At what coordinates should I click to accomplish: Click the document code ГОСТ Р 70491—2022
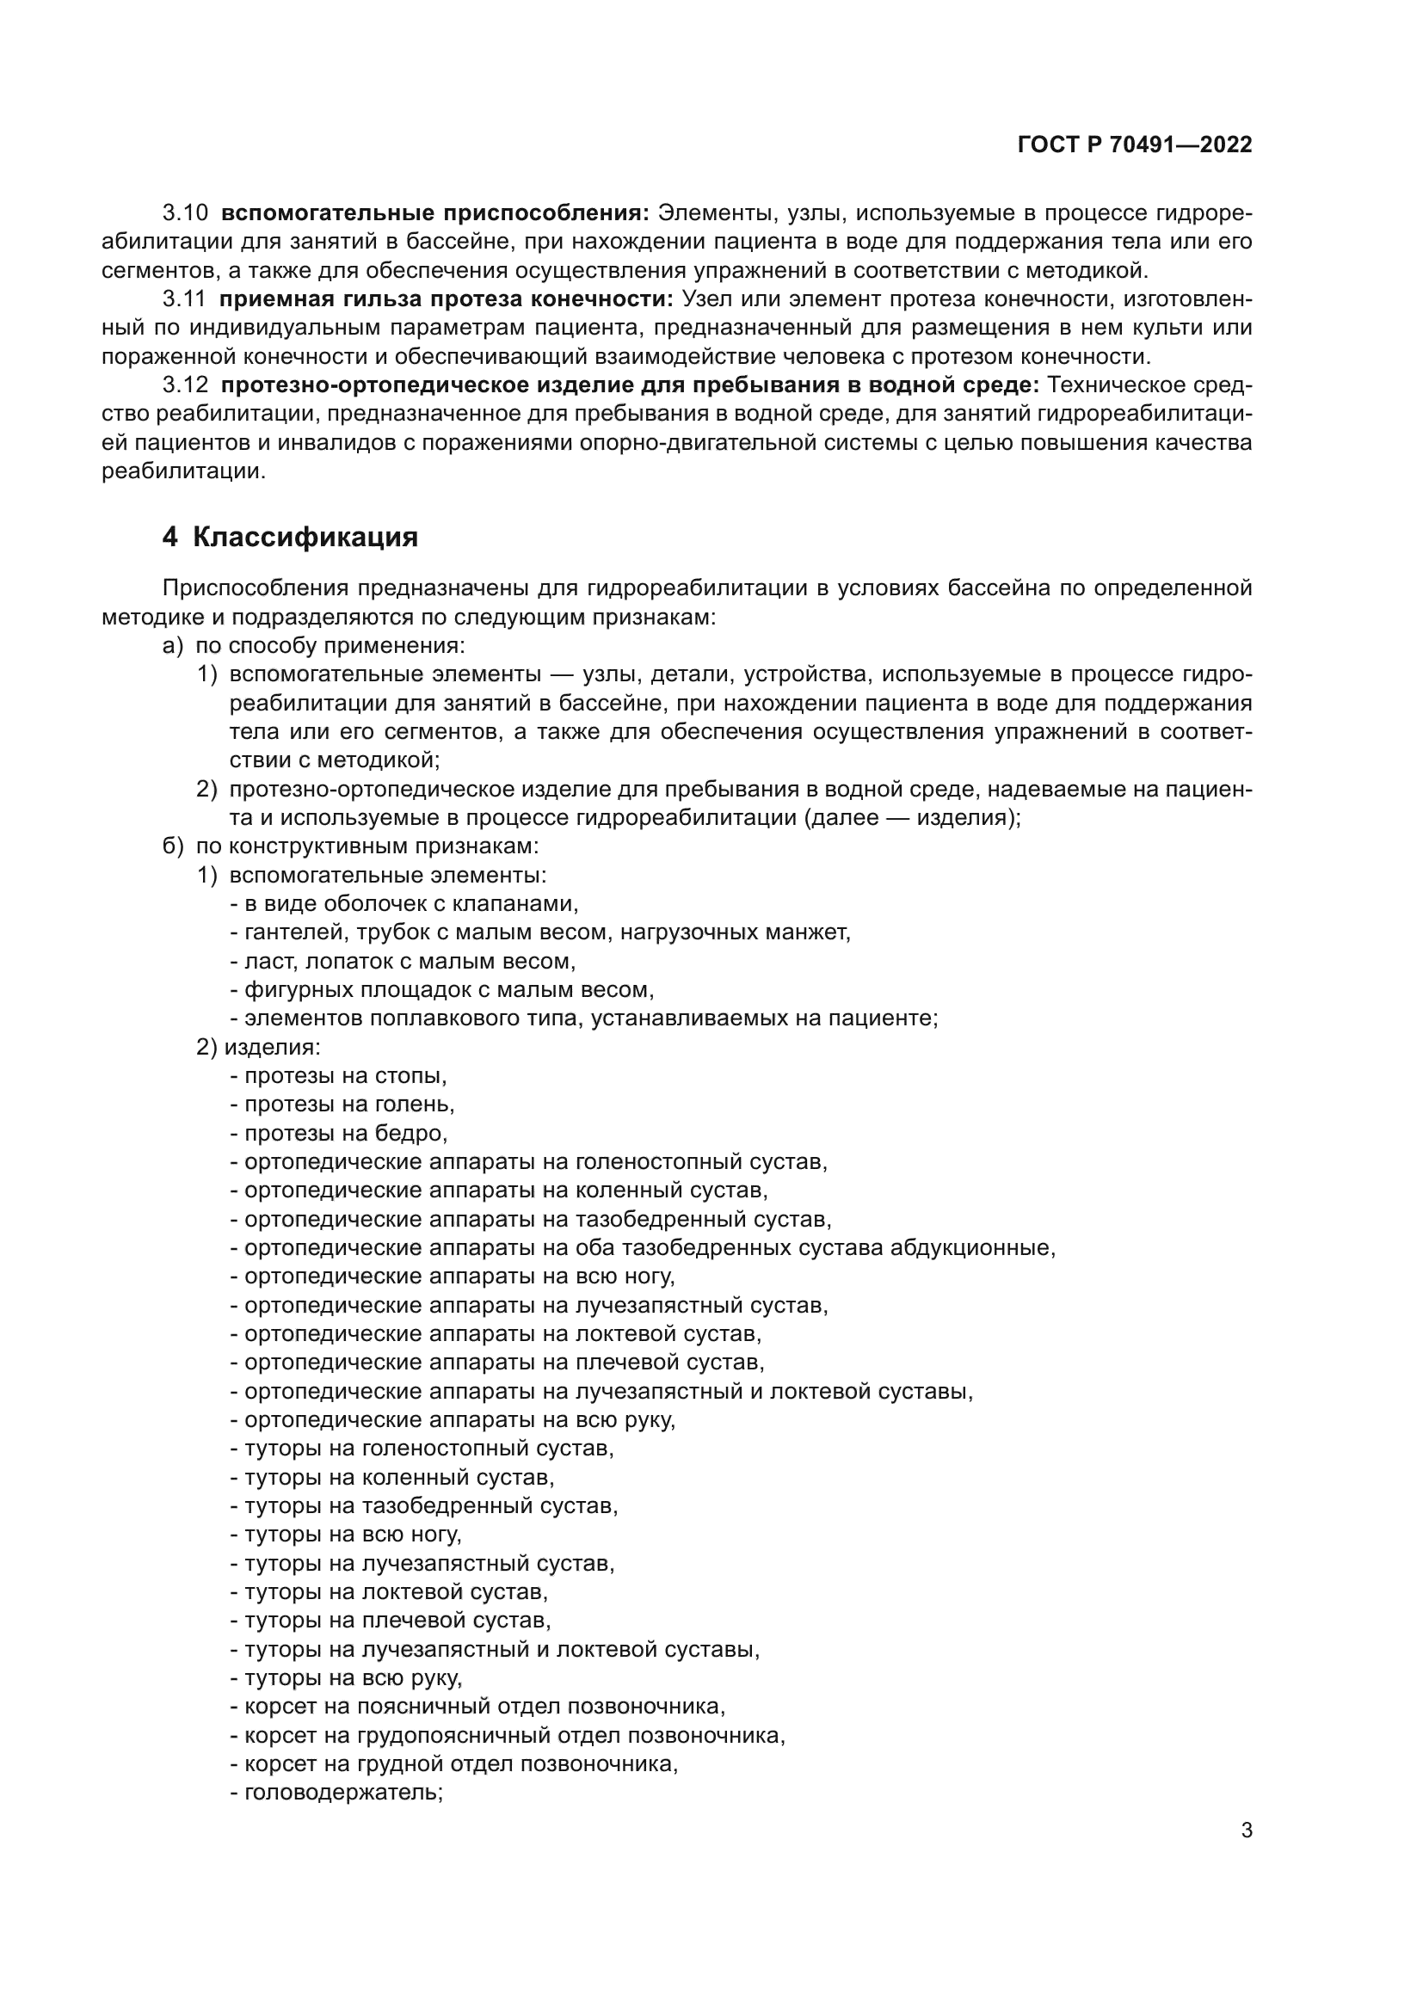point(1134,145)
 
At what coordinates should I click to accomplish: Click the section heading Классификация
point(304,537)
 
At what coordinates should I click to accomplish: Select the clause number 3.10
point(185,213)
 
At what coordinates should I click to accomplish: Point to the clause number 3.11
point(185,298)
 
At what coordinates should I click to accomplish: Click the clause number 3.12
point(185,385)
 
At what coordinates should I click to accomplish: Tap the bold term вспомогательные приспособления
point(434,213)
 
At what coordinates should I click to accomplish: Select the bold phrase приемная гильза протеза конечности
point(446,298)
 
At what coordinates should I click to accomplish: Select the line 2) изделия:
point(258,1047)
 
